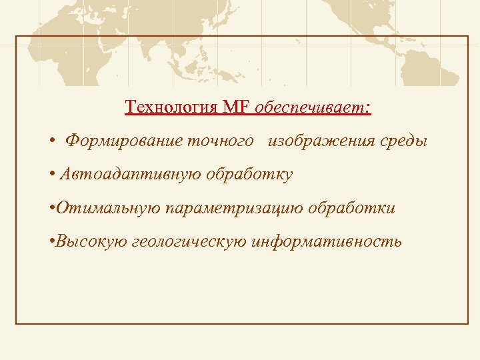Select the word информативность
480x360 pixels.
327,241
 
